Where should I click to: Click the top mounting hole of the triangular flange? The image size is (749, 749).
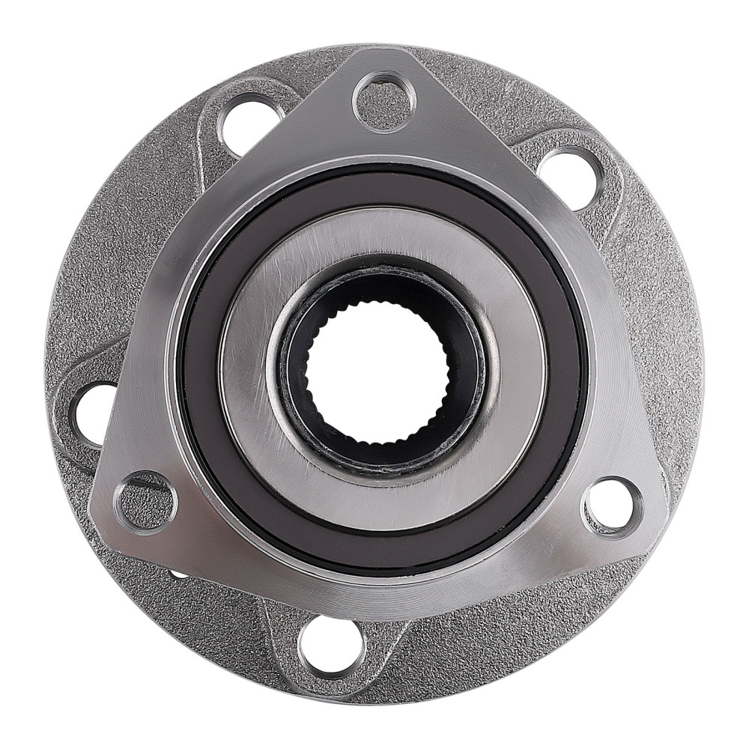(384, 100)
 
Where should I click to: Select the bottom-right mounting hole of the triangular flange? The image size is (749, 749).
(613, 507)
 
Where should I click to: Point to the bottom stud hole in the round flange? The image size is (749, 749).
(332, 645)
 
